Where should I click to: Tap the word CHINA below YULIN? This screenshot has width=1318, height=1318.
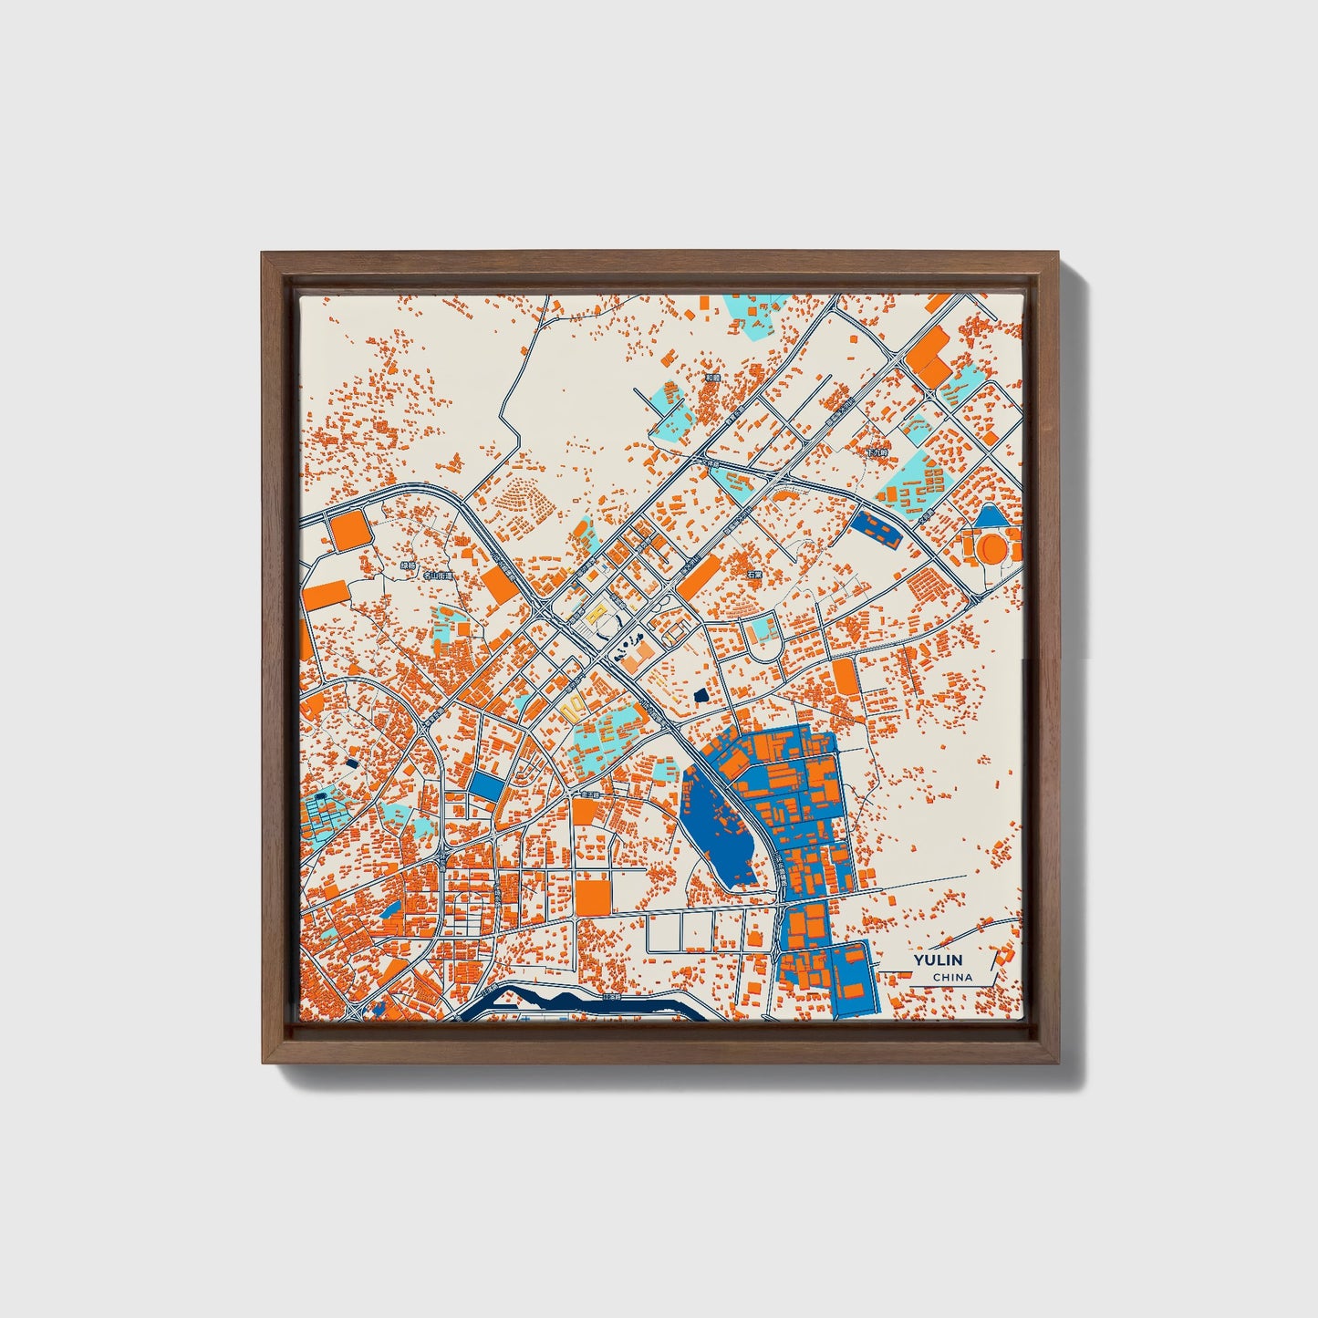point(951,977)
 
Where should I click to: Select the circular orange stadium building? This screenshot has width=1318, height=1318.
point(993,549)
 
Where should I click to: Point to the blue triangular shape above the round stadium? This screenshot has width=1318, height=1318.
point(991,518)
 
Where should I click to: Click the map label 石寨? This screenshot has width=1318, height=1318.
point(752,576)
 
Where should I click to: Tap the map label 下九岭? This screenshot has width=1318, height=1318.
point(876,452)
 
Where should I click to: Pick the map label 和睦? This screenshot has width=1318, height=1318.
point(712,376)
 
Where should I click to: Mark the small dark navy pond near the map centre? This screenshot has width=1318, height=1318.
point(701,696)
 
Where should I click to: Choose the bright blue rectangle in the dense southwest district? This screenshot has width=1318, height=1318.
point(485,786)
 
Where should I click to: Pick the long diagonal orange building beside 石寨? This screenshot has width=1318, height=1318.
point(700,576)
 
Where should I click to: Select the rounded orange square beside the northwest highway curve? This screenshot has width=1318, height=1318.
point(348,529)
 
